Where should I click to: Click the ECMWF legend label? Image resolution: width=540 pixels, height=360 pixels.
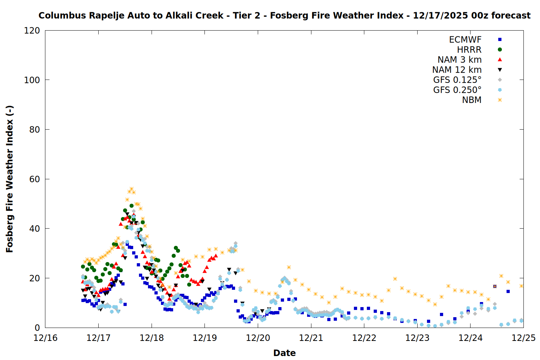point(465,40)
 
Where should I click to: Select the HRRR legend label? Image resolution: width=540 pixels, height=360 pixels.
point(469,50)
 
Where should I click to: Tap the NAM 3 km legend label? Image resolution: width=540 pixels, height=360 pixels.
point(459,60)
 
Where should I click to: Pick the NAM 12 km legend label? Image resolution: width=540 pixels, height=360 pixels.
point(457,70)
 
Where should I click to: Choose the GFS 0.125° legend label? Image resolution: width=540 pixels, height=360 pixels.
point(457,80)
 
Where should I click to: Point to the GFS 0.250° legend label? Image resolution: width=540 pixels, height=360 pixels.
point(457,90)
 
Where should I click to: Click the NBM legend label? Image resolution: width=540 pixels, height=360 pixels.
point(472,100)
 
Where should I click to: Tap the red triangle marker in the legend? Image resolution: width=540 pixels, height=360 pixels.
point(500,60)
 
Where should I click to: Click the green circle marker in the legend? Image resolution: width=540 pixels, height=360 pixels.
point(500,50)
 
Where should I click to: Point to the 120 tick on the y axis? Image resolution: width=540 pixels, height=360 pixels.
point(32,31)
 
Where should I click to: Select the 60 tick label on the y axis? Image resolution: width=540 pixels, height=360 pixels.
point(35,179)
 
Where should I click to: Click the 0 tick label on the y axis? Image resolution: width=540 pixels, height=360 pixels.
point(37,328)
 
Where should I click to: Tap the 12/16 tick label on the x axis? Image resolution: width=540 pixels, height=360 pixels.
point(45,338)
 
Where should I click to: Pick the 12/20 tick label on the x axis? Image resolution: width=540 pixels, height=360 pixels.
point(258,338)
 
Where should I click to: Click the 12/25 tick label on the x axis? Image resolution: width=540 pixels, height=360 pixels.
point(523,338)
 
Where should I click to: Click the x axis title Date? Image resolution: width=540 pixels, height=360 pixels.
point(284,353)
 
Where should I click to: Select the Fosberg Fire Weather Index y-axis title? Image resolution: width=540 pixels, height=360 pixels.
point(10,179)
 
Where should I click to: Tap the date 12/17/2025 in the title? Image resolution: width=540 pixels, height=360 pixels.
point(440,15)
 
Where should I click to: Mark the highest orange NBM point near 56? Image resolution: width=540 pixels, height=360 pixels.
point(131,189)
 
